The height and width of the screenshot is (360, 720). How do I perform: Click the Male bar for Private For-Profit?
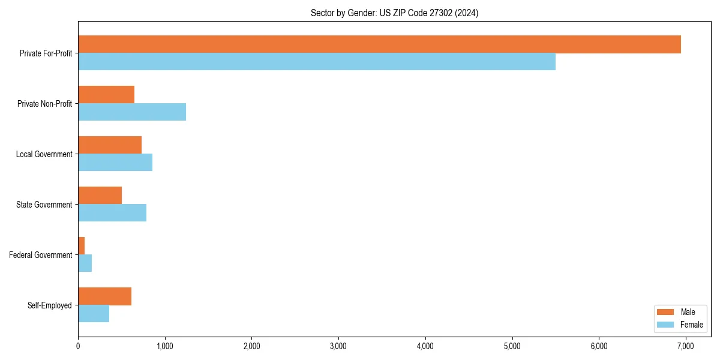tap(379, 44)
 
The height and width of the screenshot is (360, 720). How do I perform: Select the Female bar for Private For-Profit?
tap(317, 62)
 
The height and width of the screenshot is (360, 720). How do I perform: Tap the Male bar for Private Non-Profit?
tap(106, 95)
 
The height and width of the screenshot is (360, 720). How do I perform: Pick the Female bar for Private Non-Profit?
tap(132, 112)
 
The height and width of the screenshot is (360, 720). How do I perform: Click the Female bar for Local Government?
tap(115, 163)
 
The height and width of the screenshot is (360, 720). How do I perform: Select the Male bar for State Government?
tap(100, 196)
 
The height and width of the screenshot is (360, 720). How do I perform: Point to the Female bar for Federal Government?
tap(85, 263)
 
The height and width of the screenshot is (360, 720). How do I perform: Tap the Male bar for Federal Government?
tap(82, 246)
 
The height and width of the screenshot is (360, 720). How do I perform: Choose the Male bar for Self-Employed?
tap(104, 296)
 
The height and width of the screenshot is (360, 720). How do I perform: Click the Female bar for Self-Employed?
tap(94, 314)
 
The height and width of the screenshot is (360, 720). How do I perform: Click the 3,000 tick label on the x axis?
tap(338, 346)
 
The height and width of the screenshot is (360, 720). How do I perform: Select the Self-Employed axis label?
tap(50, 305)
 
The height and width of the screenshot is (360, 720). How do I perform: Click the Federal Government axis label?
tap(41, 255)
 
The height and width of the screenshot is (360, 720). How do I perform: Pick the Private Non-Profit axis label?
tap(44, 104)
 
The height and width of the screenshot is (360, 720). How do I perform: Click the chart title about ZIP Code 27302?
tap(394, 13)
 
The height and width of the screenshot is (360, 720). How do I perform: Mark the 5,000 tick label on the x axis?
tap(512, 346)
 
